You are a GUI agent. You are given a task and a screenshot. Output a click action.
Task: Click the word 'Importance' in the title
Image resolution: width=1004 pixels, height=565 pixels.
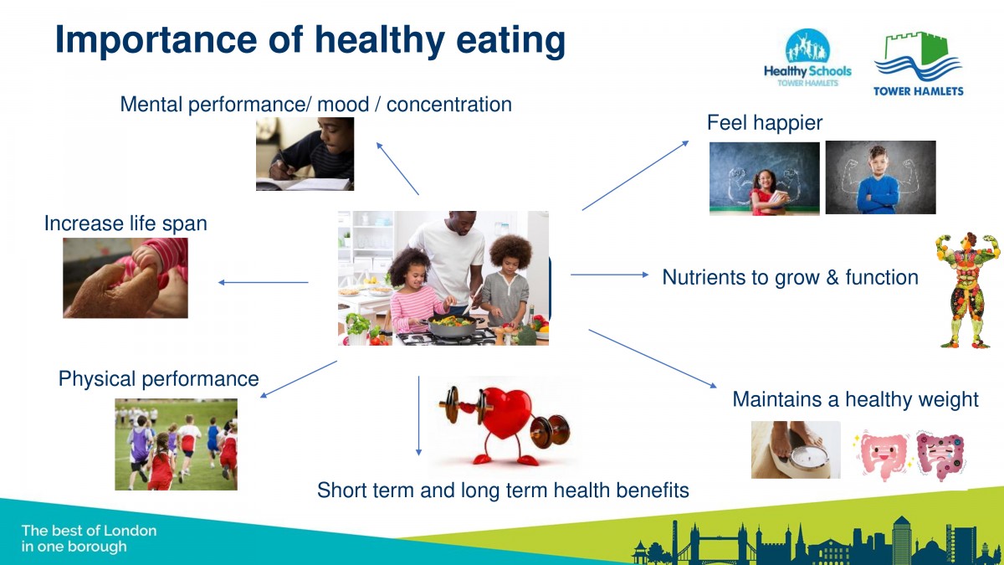tap(156, 40)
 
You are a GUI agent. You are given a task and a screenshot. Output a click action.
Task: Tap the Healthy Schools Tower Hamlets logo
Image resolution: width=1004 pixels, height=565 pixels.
tap(807, 58)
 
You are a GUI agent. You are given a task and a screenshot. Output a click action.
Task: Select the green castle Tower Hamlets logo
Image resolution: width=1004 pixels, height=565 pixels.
tap(919, 64)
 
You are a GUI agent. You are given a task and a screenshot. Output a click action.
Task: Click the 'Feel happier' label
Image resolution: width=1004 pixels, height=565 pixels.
tap(765, 123)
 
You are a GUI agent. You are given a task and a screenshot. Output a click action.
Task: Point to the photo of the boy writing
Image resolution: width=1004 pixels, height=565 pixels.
tap(305, 154)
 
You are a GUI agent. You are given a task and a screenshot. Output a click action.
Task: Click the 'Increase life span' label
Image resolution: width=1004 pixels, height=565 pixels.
tap(125, 223)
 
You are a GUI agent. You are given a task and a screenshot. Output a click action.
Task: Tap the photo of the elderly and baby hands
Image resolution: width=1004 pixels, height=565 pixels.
tap(125, 278)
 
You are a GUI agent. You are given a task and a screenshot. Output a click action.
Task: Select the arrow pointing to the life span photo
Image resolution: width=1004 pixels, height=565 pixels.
tap(263, 283)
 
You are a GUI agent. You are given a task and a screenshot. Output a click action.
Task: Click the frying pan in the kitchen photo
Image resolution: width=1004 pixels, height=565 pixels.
tap(452, 325)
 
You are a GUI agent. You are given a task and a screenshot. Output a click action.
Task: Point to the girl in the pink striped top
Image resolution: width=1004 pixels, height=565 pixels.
tap(415, 296)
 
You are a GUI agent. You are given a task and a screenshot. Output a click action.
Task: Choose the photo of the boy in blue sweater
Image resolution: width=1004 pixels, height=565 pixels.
tap(880, 177)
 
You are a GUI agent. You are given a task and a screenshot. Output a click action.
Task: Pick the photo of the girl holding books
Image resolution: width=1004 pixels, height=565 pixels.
tap(764, 179)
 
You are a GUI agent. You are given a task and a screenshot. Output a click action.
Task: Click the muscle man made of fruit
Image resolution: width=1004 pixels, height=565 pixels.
tap(968, 290)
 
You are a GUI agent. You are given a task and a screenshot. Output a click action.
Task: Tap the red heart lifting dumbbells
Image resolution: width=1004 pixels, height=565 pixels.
tap(505, 424)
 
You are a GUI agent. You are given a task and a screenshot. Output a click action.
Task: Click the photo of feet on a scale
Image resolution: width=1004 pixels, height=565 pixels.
tap(796, 449)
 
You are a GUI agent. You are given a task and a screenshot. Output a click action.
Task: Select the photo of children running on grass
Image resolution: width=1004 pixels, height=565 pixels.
tap(177, 444)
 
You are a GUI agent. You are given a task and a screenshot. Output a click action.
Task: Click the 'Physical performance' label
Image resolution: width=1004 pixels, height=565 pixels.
tap(159, 379)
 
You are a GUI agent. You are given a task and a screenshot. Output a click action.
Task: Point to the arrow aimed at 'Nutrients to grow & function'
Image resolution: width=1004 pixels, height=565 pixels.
tap(610, 275)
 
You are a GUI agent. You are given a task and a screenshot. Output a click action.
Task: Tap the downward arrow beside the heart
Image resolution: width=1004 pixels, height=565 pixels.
tap(418, 416)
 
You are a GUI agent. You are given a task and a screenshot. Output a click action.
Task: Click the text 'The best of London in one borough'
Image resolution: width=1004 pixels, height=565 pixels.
tap(89, 538)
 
